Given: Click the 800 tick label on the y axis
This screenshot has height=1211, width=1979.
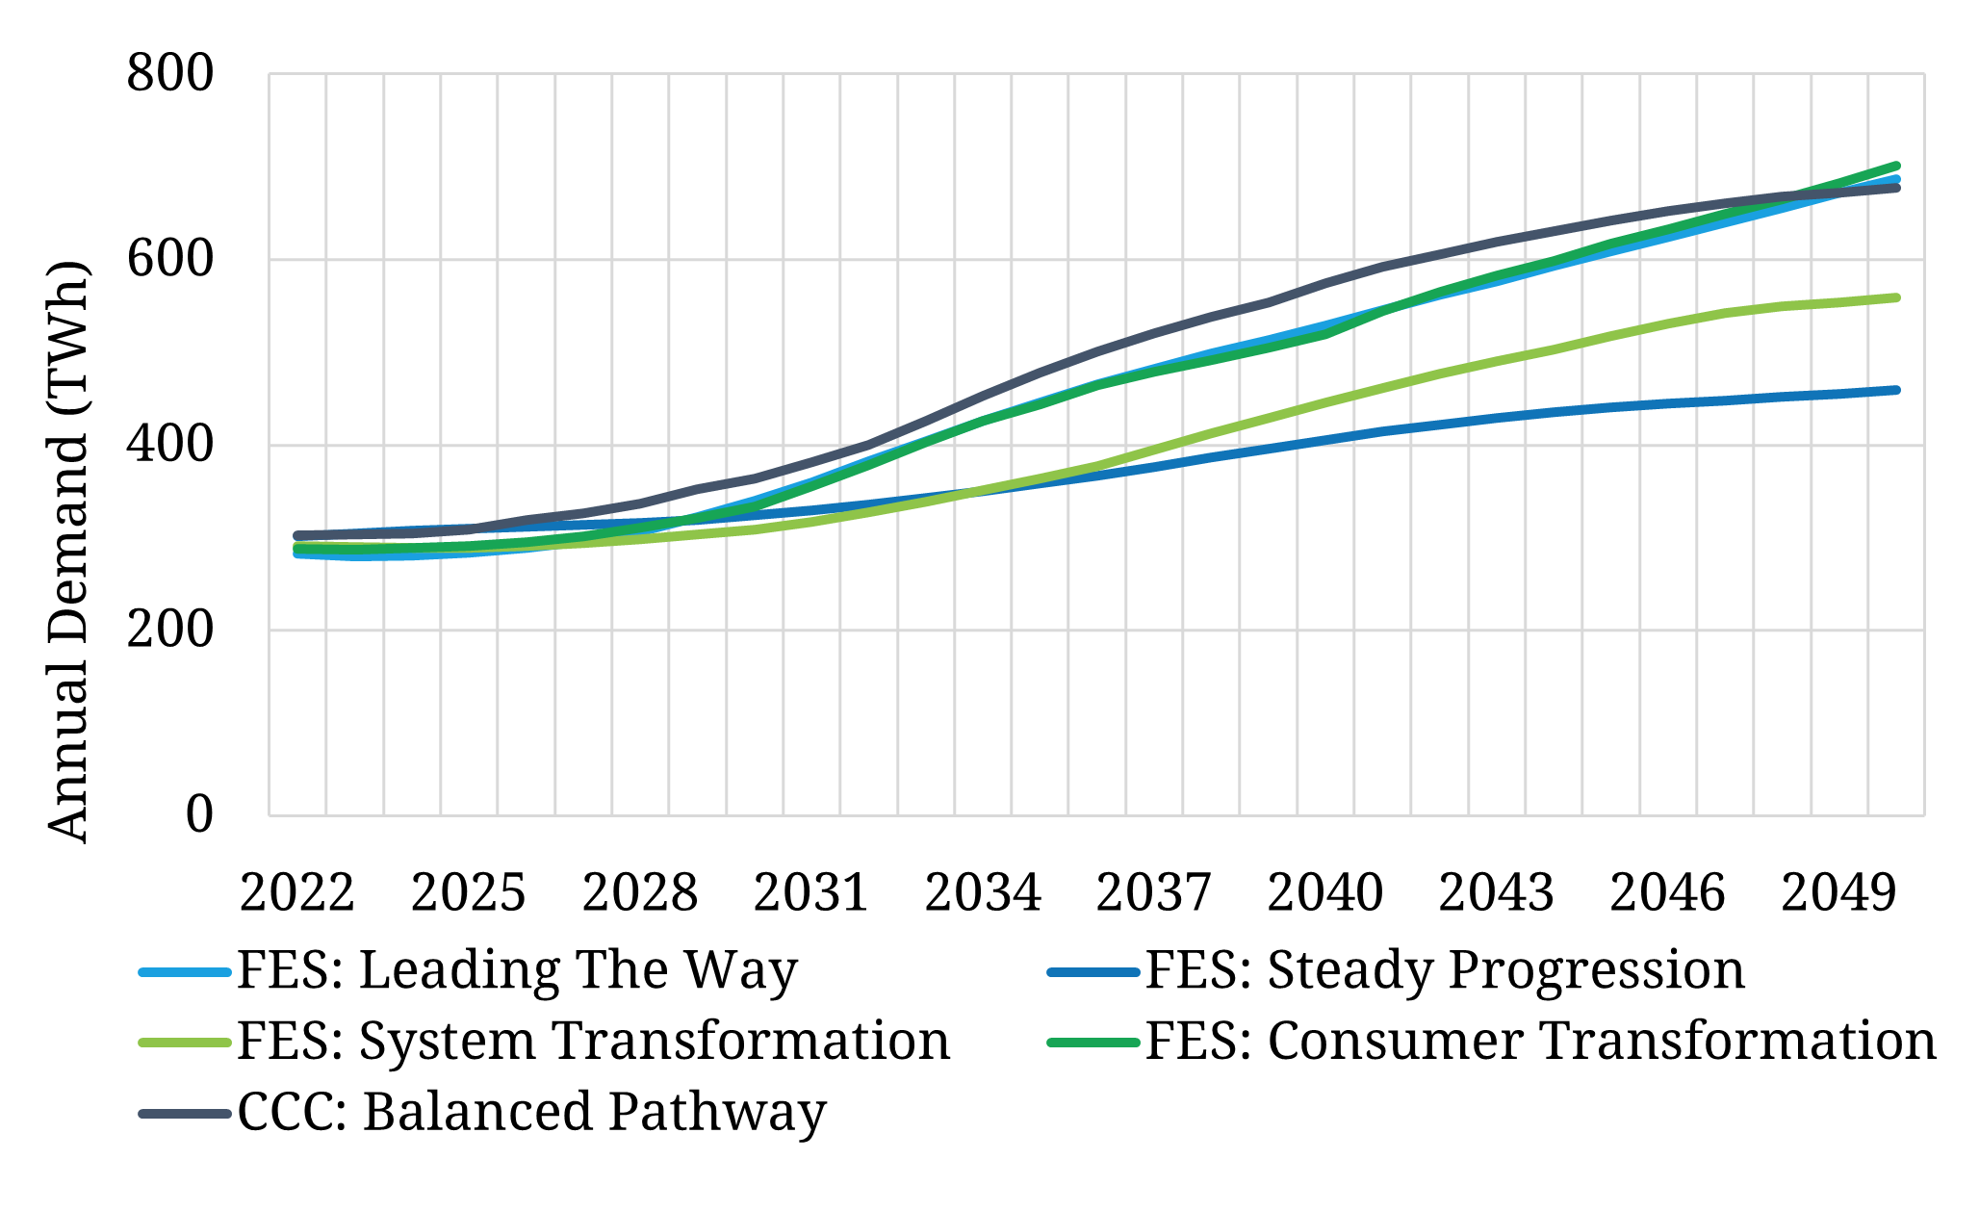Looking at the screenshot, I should point(169,74).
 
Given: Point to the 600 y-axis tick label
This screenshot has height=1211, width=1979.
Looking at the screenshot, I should point(169,260).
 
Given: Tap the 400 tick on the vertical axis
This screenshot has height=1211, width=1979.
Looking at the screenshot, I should point(169,445).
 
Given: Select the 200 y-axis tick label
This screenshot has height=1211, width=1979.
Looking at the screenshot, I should point(169,631).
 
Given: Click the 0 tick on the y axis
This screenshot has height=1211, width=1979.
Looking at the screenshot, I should point(198,815).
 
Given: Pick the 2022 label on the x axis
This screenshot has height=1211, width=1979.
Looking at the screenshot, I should point(296,893).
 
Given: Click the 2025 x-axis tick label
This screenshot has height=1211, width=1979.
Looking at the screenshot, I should point(468,893).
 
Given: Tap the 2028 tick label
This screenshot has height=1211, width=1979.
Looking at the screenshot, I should point(639,893).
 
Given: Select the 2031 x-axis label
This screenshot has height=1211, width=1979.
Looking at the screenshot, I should point(810,893).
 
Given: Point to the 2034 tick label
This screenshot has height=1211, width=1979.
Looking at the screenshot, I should point(982,893).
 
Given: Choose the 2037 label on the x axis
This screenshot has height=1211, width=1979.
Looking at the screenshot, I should point(1153,893).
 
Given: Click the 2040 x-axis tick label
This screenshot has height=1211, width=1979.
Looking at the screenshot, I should point(1324,893).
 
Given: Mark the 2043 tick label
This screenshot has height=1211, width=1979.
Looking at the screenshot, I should point(1496,893).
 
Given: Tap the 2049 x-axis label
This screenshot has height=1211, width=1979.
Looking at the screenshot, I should point(1838,893).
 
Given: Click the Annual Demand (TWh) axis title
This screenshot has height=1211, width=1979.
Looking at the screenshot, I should point(68,553).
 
